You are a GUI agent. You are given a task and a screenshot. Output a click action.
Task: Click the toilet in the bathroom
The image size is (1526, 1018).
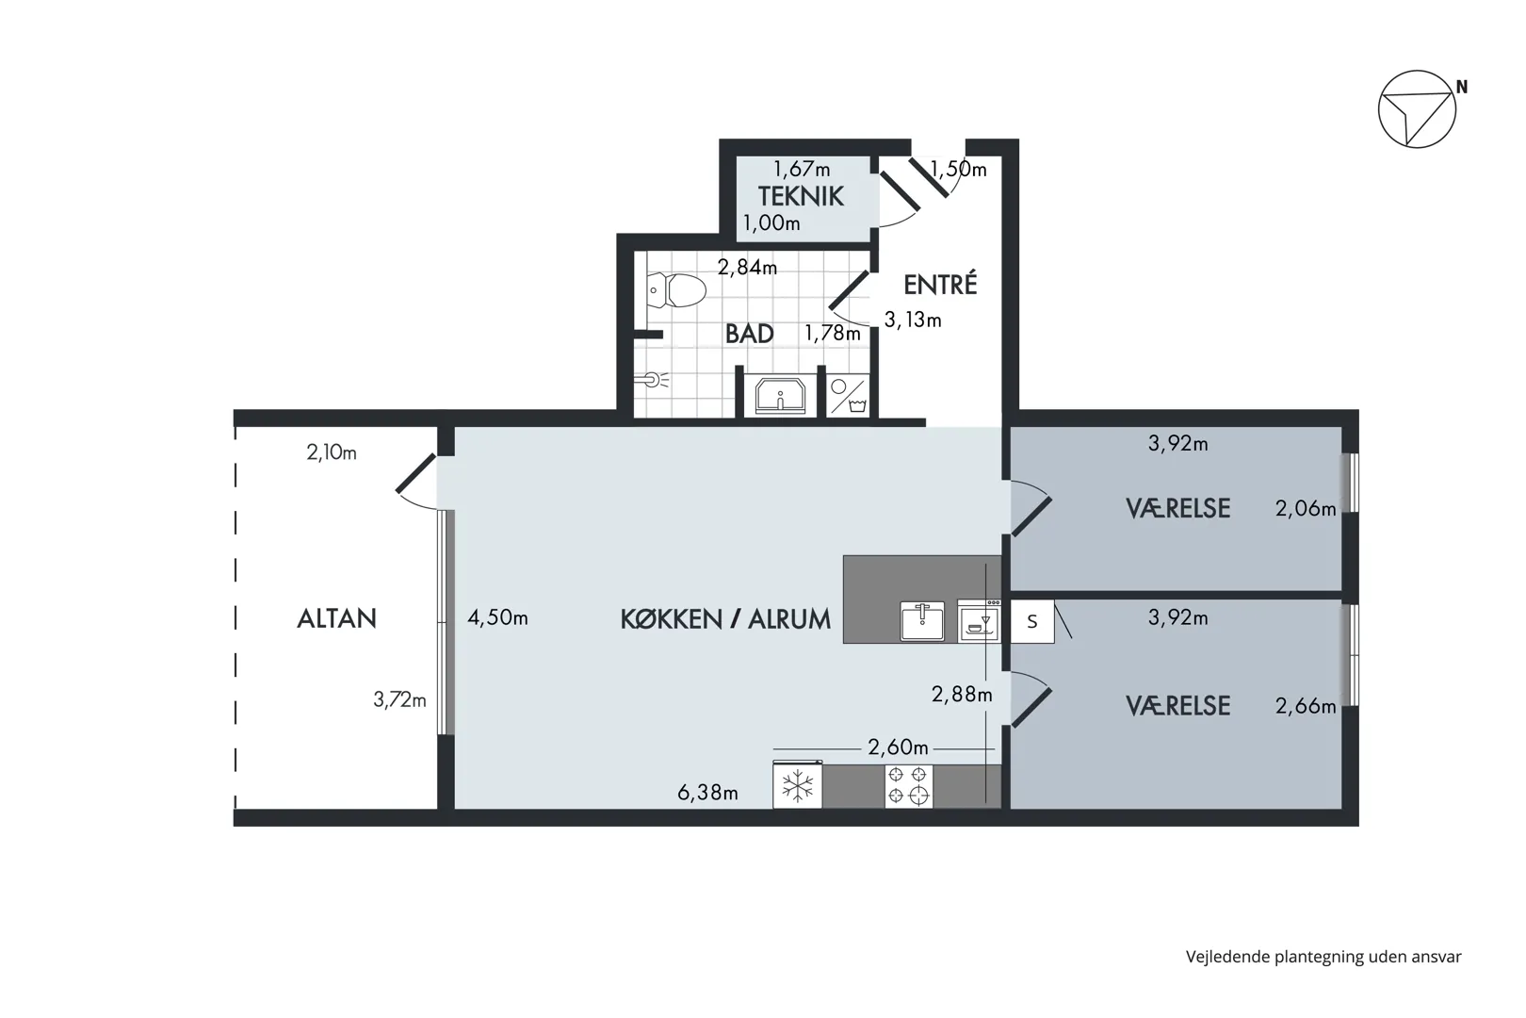675,290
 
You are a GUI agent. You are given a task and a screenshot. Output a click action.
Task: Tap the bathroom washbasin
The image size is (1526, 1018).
780,395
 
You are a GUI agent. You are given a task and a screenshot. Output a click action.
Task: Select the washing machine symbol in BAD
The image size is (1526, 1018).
849,396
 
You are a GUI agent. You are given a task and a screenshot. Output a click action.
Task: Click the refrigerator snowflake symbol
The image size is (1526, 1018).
797,786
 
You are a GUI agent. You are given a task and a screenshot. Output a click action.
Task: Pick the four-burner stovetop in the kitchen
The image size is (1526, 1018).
908,786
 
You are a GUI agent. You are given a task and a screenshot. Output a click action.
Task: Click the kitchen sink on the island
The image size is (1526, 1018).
922,620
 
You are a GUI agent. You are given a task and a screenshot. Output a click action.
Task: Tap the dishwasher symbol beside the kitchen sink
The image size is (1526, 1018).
979,620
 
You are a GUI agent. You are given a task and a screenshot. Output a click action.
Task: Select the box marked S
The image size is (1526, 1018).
1032,621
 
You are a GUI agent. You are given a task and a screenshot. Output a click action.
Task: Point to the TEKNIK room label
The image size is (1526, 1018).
801,196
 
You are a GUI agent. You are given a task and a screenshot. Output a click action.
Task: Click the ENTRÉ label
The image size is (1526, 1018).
940,285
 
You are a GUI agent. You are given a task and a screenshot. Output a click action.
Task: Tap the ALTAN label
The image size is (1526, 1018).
336,618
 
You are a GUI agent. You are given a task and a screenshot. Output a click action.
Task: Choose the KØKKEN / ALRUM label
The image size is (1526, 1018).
725,619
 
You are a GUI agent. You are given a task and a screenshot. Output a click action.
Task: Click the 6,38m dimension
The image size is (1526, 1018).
707,793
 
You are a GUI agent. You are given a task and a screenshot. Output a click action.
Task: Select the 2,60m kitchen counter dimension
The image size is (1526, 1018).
898,748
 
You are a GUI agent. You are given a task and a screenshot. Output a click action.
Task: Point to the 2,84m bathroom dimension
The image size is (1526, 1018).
747,268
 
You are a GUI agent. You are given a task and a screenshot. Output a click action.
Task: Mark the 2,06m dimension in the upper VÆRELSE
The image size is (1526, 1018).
1306,509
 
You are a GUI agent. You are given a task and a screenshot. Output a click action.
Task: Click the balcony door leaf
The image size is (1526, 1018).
415,472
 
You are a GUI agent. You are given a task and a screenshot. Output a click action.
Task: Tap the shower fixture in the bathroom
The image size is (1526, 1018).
651,380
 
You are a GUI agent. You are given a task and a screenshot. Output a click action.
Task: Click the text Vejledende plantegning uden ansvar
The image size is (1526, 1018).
1323,958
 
